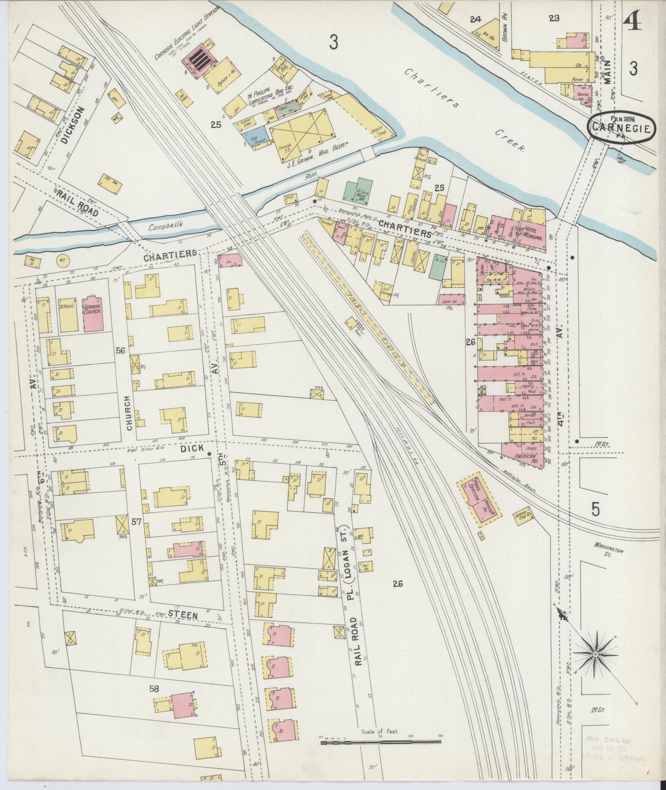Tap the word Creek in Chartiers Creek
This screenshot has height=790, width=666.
point(510,140)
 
